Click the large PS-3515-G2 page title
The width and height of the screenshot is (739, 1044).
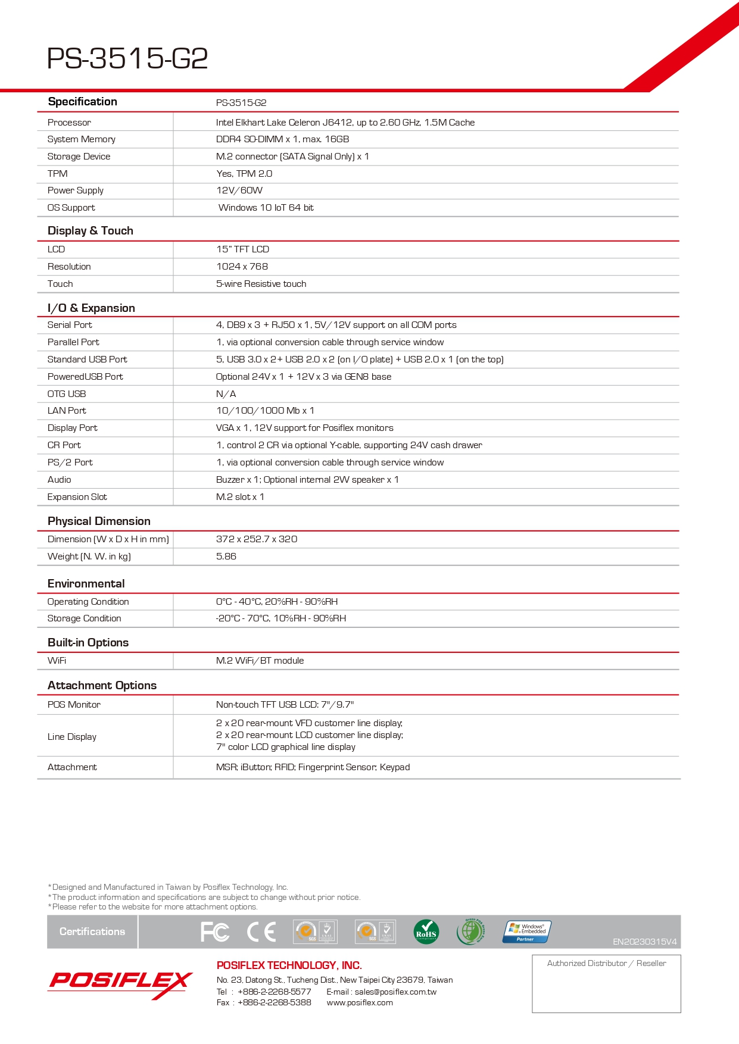pyautogui.click(x=127, y=58)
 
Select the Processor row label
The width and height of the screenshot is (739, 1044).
pyautogui.click(x=69, y=123)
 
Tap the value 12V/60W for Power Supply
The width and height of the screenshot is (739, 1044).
pyautogui.click(x=239, y=190)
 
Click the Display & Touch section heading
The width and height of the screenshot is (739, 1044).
pyautogui.click(x=91, y=231)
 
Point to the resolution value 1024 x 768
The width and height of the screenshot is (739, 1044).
pyautogui.click(x=242, y=267)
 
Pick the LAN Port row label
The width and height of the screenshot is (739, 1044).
pyautogui.click(x=67, y=411)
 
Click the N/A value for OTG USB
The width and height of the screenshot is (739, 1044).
pyautogui.click(x=226, y=394)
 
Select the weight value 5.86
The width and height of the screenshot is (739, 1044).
pyautogui.click(x=226, y=557)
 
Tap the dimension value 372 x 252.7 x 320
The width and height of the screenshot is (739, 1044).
pyautogui.click(x=257, y=539)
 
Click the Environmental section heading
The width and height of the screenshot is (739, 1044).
pyautogui.click(x=86, y=584)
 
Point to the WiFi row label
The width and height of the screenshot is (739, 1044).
pyautogui.click(x=57, y=661)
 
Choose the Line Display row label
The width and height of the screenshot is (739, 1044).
pyautogui.click(x=72, y=737)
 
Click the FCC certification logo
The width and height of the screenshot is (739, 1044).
pyautogui.click(x=215, y=932)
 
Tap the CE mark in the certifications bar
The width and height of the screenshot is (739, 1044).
pyautogui.click(x=261, y=932)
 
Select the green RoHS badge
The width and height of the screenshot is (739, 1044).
pyautogui.click(x=426, y=932)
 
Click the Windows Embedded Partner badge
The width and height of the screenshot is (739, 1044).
pyautogui.click(x=527, y=932)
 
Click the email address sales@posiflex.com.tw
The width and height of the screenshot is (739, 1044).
pyautogui.click(x=395, y=992)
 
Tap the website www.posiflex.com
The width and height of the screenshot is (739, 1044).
pyautogui.click(x=360, y=1003)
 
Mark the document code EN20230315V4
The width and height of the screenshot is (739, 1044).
pyautogui.click(x=644, y=942)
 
